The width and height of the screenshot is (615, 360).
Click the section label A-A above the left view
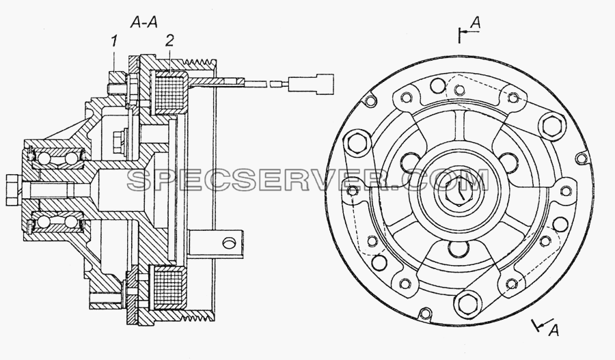click(144, 23)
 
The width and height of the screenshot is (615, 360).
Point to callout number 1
click(113, 41)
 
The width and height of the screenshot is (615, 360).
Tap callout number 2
click(169, 40)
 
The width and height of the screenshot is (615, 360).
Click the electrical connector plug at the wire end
click(311, 83)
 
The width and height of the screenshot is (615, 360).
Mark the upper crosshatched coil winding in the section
click(170, 93)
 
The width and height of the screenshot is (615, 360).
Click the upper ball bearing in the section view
click(57, 158)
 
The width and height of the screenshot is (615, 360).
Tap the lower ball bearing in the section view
click(57, 223)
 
